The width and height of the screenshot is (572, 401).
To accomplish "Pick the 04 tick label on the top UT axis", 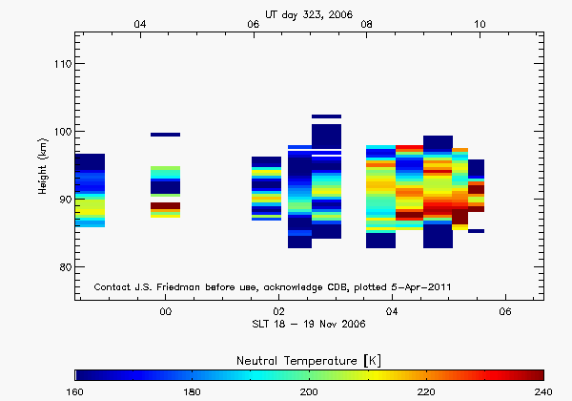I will (x=140, y=24).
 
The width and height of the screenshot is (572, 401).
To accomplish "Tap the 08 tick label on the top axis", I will (x=367, y=24).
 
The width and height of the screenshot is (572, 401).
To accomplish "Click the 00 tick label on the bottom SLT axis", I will (x=165, y=312).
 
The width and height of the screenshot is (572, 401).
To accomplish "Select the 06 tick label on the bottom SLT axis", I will (x=505, y=312).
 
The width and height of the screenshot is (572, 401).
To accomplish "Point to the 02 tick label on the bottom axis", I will (x=278, y=312).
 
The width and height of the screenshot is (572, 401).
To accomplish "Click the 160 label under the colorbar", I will (x=75, y=391).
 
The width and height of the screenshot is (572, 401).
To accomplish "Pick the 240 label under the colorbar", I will (x=543, y=391).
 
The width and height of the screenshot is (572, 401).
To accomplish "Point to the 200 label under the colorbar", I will (x=309, y=391).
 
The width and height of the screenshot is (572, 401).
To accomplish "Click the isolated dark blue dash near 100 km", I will (x=165, y=135).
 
